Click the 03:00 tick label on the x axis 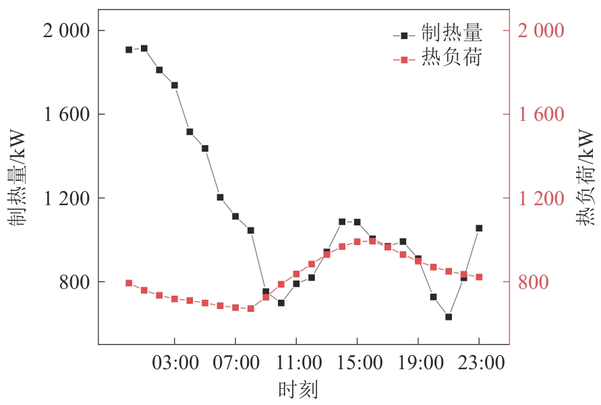(175, 363)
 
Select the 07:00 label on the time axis (235, 363)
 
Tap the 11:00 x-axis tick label (296, 363)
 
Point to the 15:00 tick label (357, 363)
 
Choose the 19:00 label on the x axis (418, 363)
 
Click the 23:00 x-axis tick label (479, 363)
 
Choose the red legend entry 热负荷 (452, 59)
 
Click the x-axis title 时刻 (297, 389)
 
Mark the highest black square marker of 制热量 (144, 48)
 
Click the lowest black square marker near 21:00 (449, 317)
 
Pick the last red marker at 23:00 (479, 277)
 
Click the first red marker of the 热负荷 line (129, 283)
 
